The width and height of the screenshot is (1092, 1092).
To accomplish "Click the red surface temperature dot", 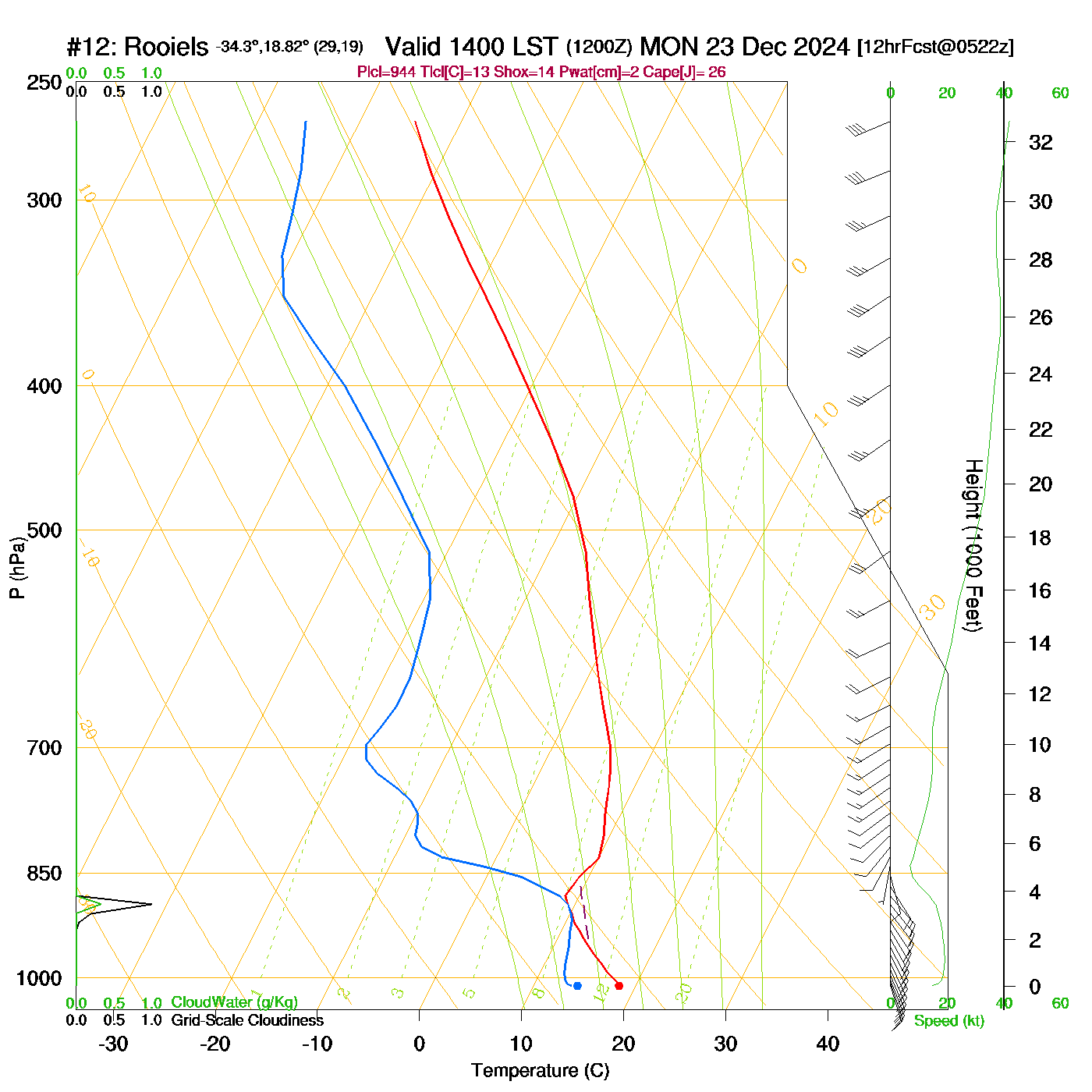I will tap(619, 986).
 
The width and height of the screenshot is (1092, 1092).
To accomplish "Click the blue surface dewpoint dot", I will tap(577, 986).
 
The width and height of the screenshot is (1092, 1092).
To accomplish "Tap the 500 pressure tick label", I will tap(44, 530).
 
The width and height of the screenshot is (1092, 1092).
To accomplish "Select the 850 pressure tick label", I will tap(44, 874).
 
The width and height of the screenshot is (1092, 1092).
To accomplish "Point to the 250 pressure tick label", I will tap(44, 83).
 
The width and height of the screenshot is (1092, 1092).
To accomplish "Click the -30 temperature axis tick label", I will tap(113, 1044).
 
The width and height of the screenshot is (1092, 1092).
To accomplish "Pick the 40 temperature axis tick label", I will tap(828, 1044).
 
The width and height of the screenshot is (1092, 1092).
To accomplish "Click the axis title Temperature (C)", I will tap(540, 1071).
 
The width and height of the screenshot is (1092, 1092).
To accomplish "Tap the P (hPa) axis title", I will tap(17, 568).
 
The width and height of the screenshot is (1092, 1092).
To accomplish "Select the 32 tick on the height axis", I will tap(1041, 143).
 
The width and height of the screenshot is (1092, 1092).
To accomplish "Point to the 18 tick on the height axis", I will tap(1041, 537).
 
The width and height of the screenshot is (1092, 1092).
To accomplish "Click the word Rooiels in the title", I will tap(166, 47).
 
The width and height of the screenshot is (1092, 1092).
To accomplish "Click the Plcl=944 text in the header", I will tap(387, 73).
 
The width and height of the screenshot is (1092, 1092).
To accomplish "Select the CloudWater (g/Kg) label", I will tap(234, 1002).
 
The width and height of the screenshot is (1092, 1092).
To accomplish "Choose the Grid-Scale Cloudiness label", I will tap(247, 1020).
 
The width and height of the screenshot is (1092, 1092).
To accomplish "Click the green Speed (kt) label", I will tap(948, 1021).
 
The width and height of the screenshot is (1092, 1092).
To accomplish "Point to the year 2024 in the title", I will tap(821, 47).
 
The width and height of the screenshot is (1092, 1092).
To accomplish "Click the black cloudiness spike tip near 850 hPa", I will tap(151, 904).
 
